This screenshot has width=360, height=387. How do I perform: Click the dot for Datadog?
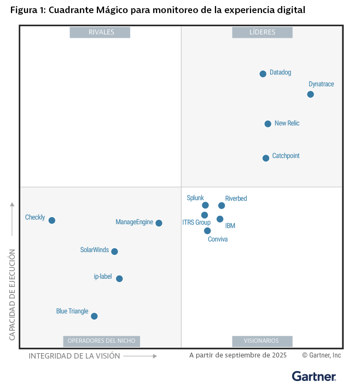263,74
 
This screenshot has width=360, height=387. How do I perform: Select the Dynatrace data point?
310,95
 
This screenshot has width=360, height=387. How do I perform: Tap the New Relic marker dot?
268,124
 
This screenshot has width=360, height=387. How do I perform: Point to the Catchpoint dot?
266,158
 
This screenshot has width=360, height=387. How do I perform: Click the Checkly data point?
52,220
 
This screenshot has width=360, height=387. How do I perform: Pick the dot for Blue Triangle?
94,316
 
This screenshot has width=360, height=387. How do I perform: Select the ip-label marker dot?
119,279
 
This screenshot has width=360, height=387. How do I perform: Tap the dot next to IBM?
220,219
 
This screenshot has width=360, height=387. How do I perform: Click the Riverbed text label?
236,198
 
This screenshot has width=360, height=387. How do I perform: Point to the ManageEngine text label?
135,222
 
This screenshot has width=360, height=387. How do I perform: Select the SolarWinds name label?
95,250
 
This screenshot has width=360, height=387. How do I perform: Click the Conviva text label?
218,239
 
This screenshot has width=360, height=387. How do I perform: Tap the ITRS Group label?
196,222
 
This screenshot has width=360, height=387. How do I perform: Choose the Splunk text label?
195,198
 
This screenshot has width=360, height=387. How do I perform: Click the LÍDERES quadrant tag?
262,32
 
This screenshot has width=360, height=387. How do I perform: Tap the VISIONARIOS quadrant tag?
262,341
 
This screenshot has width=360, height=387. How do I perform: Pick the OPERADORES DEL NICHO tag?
102,341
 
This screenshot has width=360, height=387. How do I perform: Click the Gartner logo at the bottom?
314,376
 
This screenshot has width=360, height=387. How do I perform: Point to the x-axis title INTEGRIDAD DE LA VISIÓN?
74,356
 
